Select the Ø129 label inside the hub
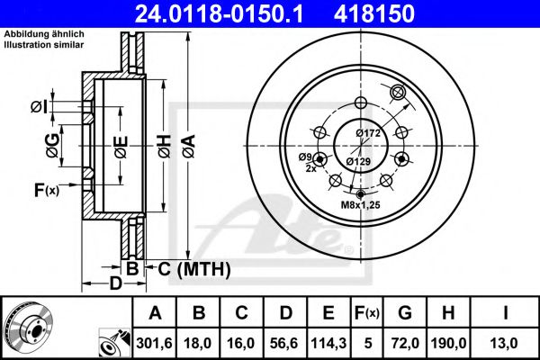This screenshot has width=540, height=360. (359, 162)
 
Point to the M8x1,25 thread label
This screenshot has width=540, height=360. (360, 206)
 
